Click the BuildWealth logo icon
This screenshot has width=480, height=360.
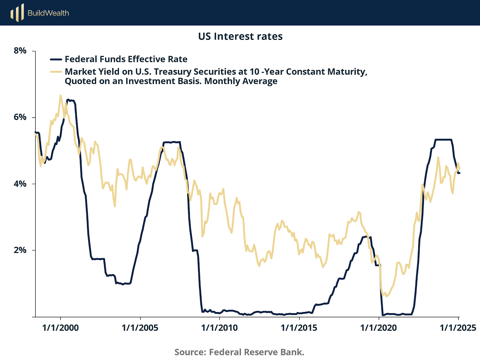point(17,13)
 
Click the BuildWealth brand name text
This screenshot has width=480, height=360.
point(48,13)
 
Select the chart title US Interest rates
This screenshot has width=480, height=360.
point(240,36)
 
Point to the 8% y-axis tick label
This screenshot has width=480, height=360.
point(20,51)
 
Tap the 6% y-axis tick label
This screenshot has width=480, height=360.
point(20,117)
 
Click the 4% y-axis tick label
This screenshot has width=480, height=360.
point(20,184)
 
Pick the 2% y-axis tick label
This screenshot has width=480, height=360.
point(20,250)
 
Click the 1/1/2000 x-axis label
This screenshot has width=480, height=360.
point(61,328)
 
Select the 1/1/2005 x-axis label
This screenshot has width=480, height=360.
point(140,328)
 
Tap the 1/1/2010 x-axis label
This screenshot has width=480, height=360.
point(220,328)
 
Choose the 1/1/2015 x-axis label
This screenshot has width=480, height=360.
point(299,328)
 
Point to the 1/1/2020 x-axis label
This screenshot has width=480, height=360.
point(379,328)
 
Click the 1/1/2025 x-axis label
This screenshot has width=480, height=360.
point(458,328)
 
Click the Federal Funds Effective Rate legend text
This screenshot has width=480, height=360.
point(126,59)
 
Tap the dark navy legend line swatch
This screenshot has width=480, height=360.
point(56,59)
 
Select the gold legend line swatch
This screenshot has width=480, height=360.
point(56,72)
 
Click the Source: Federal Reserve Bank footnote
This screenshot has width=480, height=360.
point(239,352)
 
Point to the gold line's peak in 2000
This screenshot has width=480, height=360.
point(60,96)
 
